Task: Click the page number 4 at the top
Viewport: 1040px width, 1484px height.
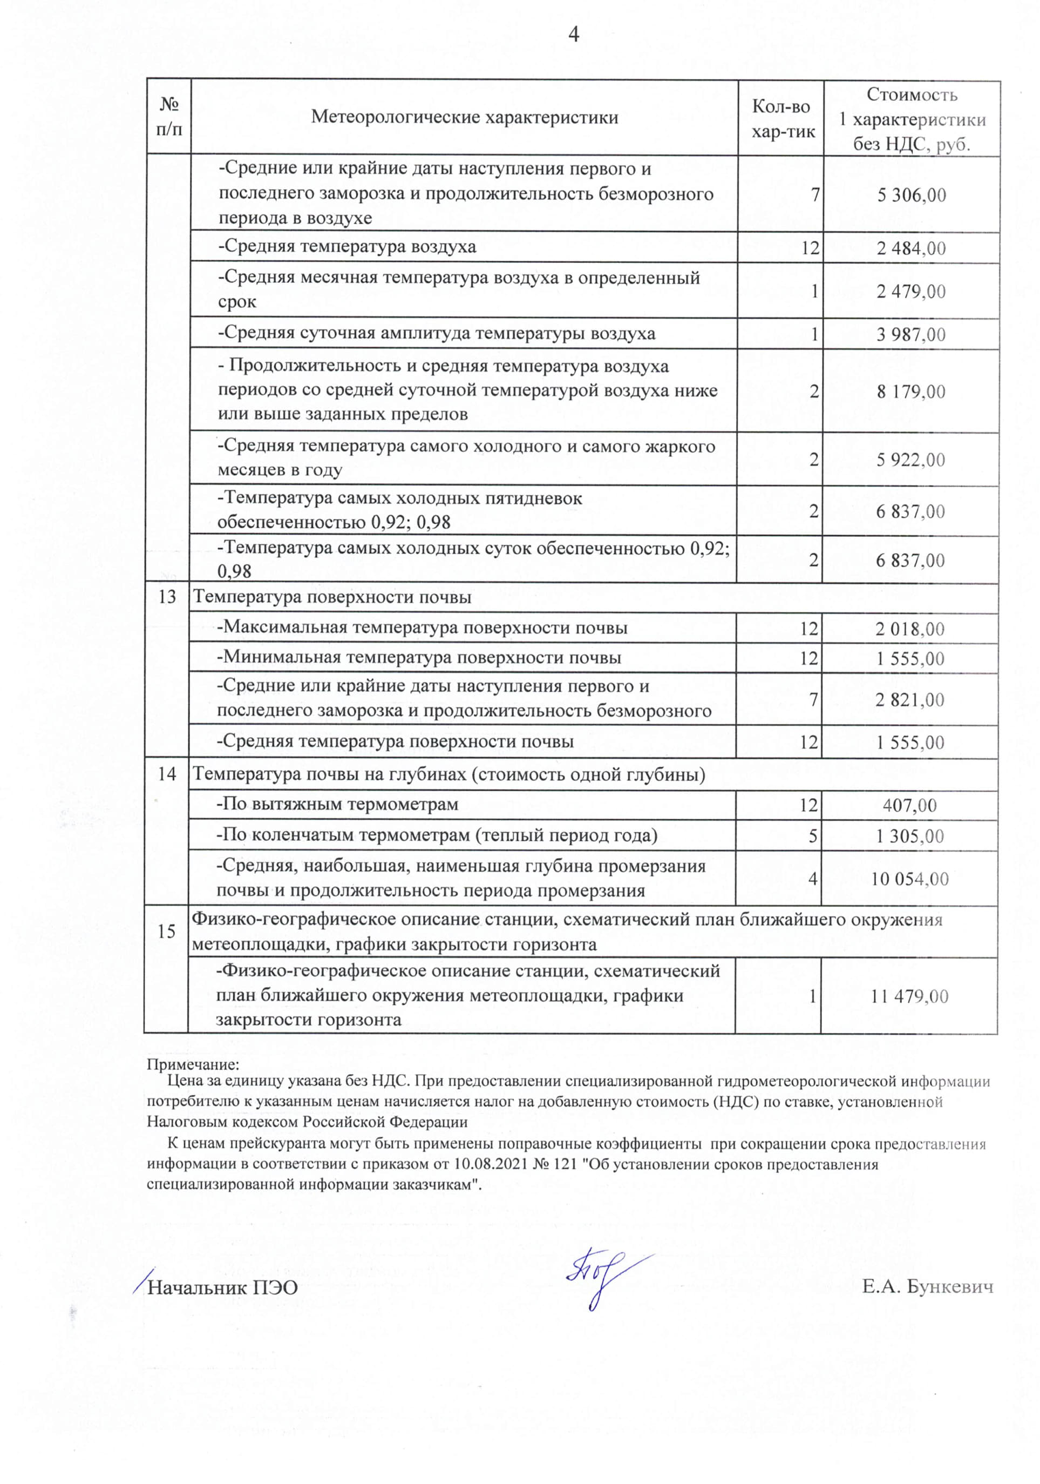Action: (572, 35)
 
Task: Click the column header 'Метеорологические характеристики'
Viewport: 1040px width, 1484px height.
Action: (464, 117)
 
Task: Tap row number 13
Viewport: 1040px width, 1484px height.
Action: (167, 597)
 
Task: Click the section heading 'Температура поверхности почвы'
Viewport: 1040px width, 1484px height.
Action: (332, 597)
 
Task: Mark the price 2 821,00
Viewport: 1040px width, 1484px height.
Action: (909, 699)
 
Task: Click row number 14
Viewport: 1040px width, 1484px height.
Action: (167, 774)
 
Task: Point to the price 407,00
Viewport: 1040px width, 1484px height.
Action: (909, 805)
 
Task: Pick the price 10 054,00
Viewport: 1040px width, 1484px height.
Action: (909, 879)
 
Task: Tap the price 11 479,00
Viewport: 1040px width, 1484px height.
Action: (909, 996)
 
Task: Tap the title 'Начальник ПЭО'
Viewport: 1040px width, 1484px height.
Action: (223, 1288)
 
